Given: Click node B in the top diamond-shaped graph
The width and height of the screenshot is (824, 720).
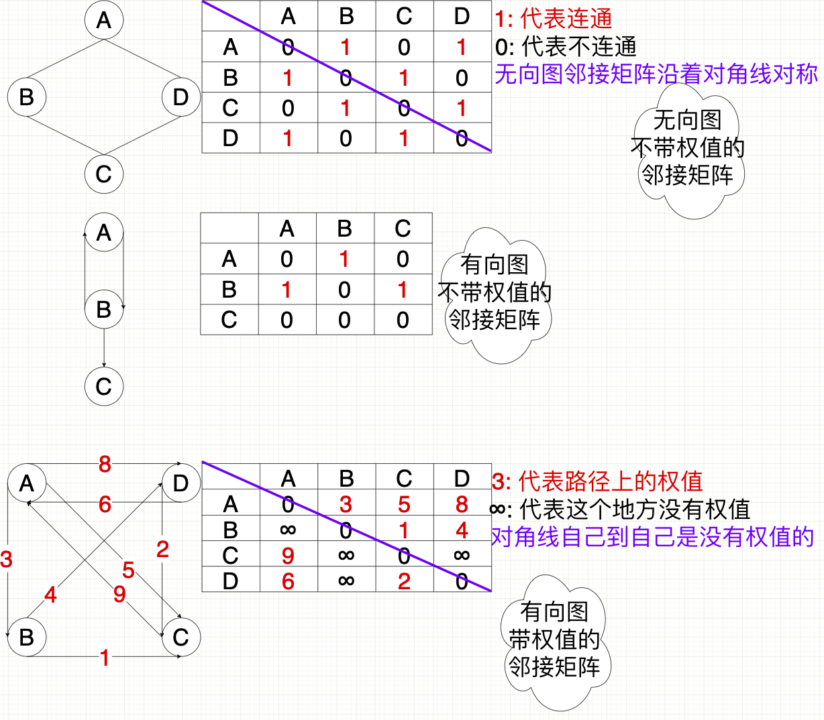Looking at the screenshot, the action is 27,97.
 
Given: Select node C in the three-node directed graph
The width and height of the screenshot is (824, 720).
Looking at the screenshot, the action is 104,387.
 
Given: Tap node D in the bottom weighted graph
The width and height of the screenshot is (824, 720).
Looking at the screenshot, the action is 181,483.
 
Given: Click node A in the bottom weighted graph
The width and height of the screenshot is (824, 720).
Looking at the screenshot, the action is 27,483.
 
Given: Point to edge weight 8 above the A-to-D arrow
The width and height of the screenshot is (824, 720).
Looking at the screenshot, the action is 105,464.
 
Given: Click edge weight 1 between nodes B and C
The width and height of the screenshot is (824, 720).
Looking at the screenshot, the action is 104,658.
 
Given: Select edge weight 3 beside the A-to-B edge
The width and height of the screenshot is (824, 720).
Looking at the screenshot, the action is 7,559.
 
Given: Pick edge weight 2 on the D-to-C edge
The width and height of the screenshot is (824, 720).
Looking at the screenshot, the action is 162,550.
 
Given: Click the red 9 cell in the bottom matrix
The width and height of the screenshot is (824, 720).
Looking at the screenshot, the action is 288,556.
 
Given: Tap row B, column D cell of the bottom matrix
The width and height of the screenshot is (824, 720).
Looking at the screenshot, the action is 462,530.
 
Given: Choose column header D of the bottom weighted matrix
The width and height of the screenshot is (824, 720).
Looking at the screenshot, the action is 462,479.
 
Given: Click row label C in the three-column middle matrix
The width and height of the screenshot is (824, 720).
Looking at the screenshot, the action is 229,320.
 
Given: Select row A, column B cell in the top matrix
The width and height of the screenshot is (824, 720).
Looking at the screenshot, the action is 346,48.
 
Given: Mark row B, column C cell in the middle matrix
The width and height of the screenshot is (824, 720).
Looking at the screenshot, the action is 403,290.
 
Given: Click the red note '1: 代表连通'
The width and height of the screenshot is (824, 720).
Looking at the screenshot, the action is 554,19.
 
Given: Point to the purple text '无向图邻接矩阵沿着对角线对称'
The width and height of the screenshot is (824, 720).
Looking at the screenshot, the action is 656,74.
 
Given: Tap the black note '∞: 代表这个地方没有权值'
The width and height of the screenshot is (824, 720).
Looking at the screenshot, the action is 620,509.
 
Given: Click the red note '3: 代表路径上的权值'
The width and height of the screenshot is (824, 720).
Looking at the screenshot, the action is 597,481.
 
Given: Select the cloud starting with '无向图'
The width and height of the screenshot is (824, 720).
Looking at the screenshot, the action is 688,149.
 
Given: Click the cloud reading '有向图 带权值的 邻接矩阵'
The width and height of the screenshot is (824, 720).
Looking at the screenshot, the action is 554,640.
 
